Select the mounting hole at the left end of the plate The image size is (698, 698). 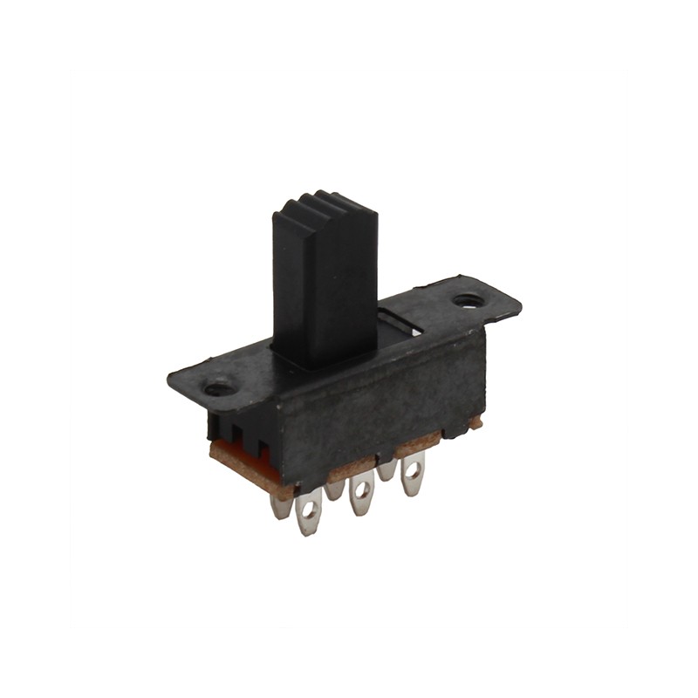219,387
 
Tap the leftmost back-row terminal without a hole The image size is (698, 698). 280,505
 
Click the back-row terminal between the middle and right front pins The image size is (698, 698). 387,471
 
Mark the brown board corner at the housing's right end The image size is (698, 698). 474,423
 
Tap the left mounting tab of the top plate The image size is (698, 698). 209,384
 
